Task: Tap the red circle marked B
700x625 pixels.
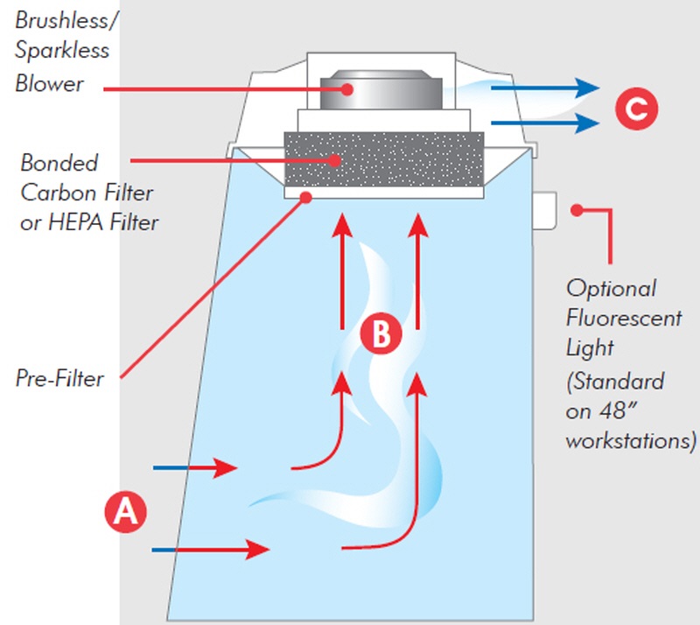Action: [x=380, y=334]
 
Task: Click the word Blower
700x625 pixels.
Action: [x=49, y=83]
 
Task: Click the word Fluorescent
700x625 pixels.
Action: [x=623, y=318]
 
